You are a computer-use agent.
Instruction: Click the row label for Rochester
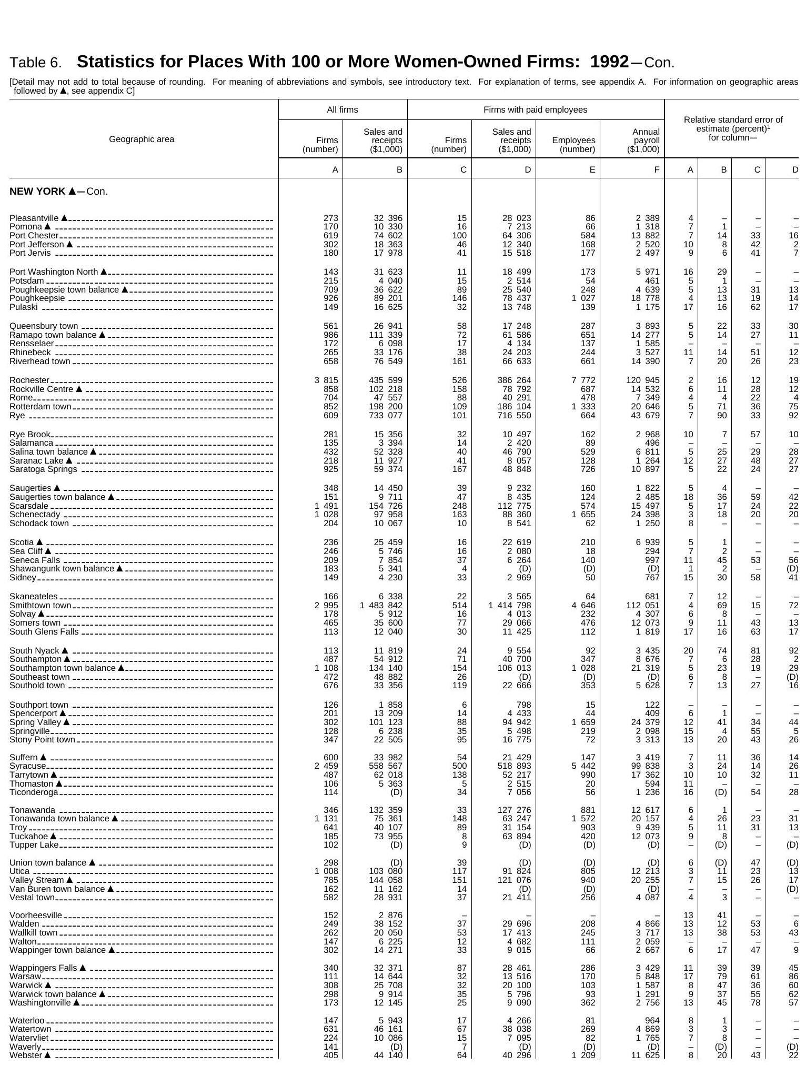click(29, 380)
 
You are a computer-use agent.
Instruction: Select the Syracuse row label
click(28, 766)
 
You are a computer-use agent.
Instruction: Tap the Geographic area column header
click(142, 139)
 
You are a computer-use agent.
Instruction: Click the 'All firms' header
click(342, 110)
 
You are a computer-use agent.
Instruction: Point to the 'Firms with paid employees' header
click(535, 110)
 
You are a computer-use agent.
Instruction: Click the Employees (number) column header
click(573, 145)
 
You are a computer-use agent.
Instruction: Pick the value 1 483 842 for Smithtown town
click(381, 606)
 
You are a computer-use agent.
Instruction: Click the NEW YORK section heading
click(58, 192)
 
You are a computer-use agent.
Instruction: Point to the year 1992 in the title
click(609, 62)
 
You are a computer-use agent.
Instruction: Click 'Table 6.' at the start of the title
click(36, 63)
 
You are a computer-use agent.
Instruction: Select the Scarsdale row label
click(29, 506)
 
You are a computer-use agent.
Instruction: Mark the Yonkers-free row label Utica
click(19, 871)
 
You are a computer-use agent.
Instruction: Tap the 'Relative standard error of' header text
click(733, 120)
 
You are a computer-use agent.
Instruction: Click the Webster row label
click(26, 1055)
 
